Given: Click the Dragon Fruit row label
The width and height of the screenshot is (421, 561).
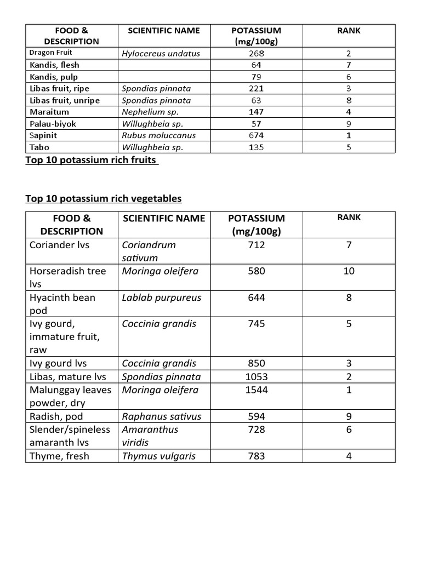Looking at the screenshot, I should point(51,53).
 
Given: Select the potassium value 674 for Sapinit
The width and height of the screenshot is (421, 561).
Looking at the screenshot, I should point(257,135).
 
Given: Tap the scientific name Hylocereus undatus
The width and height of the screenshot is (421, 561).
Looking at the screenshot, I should point(161,53).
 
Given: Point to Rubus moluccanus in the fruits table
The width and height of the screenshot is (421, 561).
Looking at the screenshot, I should point(159,135).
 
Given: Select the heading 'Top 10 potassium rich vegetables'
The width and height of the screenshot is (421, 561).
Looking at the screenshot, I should point(104,198).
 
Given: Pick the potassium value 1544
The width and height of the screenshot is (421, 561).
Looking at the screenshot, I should point(257,390).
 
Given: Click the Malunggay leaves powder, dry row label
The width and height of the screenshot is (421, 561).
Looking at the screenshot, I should point(70,397).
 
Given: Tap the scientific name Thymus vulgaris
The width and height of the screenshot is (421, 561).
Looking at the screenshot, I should point(159,456).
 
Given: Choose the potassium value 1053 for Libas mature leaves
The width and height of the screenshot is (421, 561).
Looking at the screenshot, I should point(257,376).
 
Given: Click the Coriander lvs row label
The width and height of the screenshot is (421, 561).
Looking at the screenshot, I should point(59,245).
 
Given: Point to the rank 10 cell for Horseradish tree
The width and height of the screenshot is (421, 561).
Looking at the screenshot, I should point(349,271).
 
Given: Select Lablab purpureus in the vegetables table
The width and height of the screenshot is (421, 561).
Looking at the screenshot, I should point(162,297).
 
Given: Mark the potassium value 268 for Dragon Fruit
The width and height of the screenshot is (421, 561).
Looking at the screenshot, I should point(257,53).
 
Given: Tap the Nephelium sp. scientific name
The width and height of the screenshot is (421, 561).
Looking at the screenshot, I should point(150,112).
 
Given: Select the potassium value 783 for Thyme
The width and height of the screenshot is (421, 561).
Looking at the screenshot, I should point(257,456).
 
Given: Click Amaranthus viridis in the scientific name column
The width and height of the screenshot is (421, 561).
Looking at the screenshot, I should point(150,436).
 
